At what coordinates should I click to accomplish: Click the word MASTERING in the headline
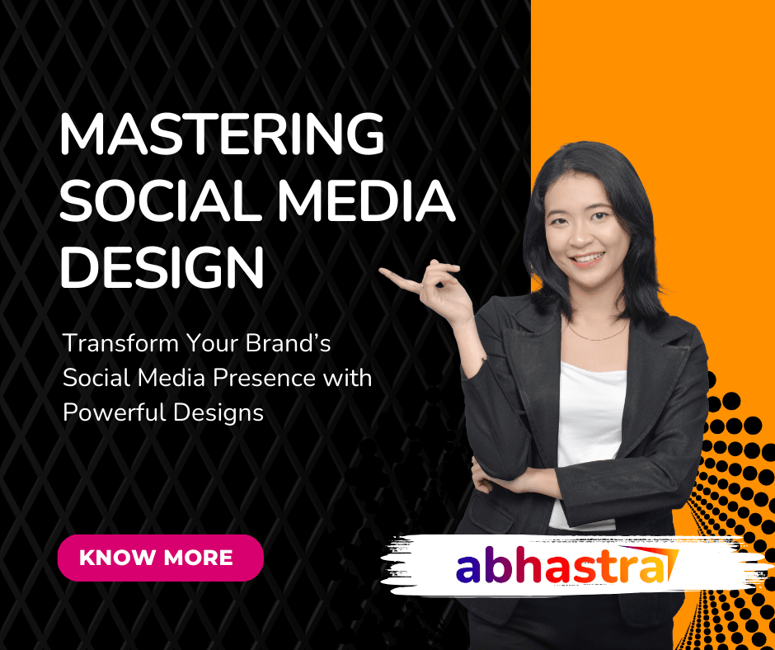coord(222,134)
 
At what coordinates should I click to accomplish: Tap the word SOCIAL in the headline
coord(160,200)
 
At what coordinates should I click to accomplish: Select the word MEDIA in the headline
coord(366,200)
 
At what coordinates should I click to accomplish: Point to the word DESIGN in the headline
coord(162,267)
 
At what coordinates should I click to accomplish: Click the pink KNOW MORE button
coord(161,558)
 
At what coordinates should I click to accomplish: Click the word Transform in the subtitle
coord(120,343)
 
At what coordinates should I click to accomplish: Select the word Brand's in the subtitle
coord(289,343)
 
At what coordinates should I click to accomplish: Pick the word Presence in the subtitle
coord(265,378)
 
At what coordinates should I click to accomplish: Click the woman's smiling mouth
coord(588,259)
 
